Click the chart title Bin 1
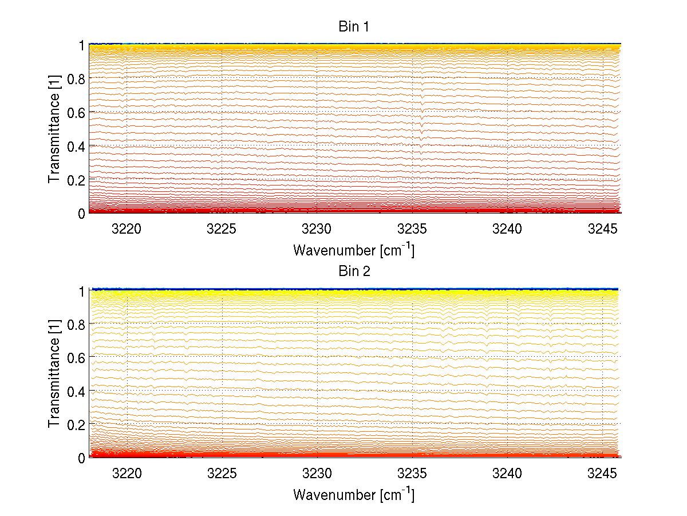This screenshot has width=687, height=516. click(x=354, y=27)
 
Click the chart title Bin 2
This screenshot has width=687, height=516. click(x=354, y=271)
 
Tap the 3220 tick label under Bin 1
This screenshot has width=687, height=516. click(x=126, y=230)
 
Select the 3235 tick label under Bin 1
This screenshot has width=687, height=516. click(x=412, y=230)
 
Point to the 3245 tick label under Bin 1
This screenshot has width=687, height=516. click(x=603, y=230)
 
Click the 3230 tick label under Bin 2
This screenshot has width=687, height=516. click(x=317, y=474)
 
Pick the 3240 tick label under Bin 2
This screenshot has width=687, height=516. click(x=507, y=474)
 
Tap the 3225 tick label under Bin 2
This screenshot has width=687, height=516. click(x=222, y=474)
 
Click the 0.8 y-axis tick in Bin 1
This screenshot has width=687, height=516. click(x=76, y=79)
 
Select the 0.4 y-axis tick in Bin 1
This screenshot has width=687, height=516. click(x=76, y=146)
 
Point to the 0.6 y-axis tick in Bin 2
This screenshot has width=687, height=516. click(x=76, y=357)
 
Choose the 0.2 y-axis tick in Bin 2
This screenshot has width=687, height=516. click(x=76, y=424)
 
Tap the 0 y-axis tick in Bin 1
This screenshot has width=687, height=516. click(x=82, y=213)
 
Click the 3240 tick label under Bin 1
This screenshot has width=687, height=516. click(x=507, y=230)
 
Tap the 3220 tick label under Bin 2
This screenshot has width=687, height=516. click(x=126, y=474)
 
